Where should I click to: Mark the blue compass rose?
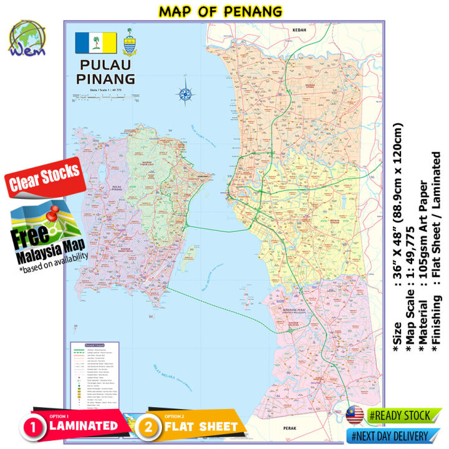(x=185, y=94)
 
